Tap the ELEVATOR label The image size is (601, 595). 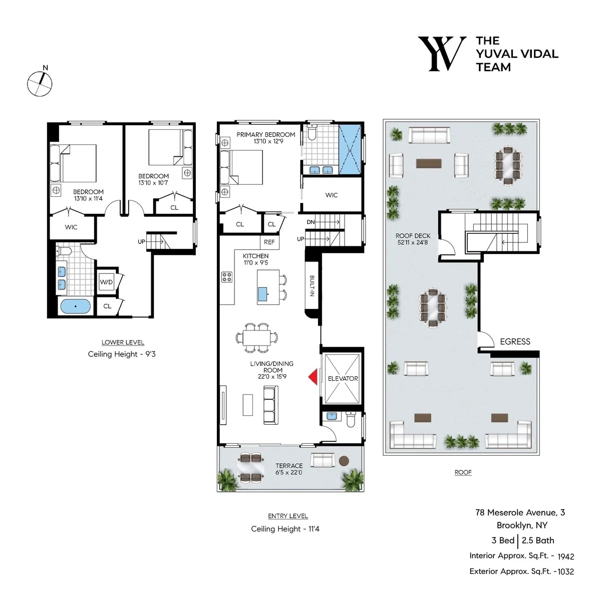(x=343, y=379)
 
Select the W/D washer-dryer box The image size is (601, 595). (x=106, y=282)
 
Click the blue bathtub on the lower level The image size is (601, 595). (x=76, y=306)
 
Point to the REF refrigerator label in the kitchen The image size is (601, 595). (x=269, y=242)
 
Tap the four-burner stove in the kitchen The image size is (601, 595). (x=226, y=277)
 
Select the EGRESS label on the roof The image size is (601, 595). (x=515, y=342)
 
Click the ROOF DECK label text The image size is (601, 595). (x=413, y=236)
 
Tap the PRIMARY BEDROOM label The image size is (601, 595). (x=265, y=135)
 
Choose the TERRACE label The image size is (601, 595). (x=289, y=466)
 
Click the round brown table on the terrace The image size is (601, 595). (x=344, y=461)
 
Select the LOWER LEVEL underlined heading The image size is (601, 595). (x=123, y=343)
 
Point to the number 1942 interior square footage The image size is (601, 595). (x=565, y=556)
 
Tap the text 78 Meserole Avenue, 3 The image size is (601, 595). (x=520, y=512)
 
